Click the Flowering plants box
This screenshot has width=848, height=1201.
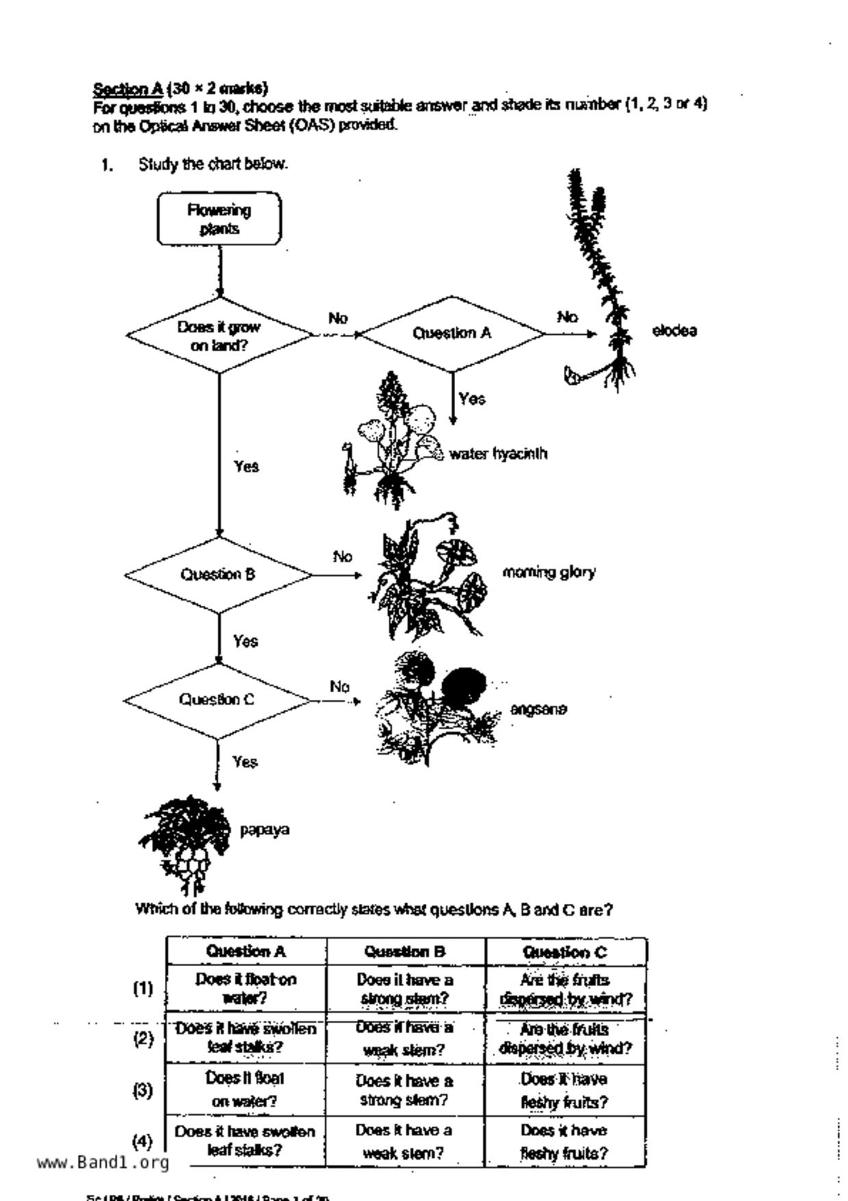(219, 219)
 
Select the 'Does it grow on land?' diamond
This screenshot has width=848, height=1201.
(219, 336)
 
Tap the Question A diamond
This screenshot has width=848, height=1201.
(452, 333)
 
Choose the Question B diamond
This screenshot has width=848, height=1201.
(218, 574)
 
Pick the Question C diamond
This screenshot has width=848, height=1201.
(217, 700)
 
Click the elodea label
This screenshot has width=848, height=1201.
(674, 331)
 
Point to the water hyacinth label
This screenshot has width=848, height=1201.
(498, 454)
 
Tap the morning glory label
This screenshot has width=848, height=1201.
(549, 572)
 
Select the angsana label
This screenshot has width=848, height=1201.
(539, 709)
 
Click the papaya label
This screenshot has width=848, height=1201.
(264, 830)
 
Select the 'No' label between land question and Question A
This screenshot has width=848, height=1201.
(338, 318)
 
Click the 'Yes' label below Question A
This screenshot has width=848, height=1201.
(472, 399)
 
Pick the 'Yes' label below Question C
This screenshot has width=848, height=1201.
(245, 762)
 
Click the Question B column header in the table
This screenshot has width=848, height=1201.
(405, 952)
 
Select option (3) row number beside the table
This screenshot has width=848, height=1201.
(142, 1090)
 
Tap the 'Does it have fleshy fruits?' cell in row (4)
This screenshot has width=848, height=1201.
(564, 1141)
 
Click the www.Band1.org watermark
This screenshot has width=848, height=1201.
(103, 1163)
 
